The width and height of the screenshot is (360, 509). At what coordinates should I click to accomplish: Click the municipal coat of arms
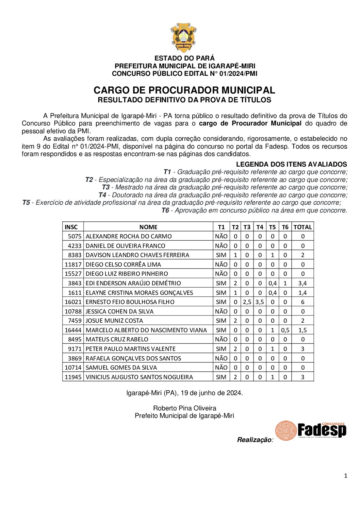pyautogui.click(x=184, y=37)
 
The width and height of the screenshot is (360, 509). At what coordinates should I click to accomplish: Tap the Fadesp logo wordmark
pyautogui.click(x=322, y=430)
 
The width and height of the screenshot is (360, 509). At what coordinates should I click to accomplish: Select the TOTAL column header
pyautogui.click(x=302, y=227)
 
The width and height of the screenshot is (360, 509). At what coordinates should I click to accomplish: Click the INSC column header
pyautogui.click(x=71, y=227)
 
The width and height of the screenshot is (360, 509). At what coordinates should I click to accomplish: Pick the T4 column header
pyautogui.click(x=260, y=227)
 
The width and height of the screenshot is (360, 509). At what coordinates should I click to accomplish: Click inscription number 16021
pyautogui.click(x=73, y=302)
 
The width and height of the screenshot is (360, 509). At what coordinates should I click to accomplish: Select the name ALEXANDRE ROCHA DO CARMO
pyautogui.click(x=129, y=236)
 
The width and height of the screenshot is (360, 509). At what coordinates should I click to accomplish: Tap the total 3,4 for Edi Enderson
pyautogui.click(x=302, y=283)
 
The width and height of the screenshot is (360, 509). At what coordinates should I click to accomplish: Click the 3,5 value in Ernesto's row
pyautogui.click(x=260, y=302)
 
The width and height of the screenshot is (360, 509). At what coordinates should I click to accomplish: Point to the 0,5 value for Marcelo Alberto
pyautogui.click(x=285, y=330)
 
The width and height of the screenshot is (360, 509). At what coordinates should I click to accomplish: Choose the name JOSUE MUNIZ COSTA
pyautogui.click(x=114, y=321)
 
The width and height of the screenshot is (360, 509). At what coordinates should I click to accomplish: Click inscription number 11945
pyautogui.click(x=73, y=377)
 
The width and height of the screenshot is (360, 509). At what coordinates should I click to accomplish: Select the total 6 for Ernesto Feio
pyautogui.click(x=302, y=302)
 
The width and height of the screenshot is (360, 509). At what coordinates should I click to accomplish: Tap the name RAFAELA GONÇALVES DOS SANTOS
pyautogui.click(x=133, y=358)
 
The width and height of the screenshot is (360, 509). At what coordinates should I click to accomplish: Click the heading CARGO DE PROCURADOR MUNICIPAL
pyautogui.click(x=184, y=90)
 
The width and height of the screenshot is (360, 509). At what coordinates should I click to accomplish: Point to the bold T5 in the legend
pyautogui.click(x=26, y=203)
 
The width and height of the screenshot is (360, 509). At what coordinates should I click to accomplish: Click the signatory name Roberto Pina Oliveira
pyautogui.click(x=184, y=408)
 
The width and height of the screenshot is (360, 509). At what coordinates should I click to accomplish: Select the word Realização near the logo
pyautogui.click(x=254, y=440)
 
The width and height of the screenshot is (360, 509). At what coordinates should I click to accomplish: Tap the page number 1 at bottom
pyautogui.click(x=346, y=476)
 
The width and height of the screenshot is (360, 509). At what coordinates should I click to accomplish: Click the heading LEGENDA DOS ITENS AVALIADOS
pyautogui.click(x=291, y=164)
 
